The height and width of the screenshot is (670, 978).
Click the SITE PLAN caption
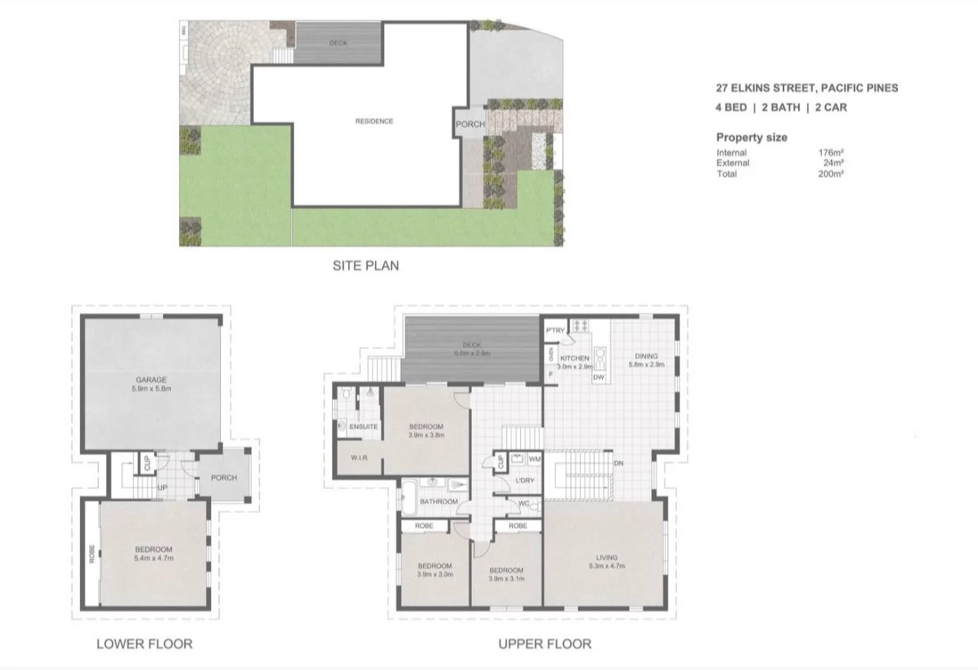[365, 265]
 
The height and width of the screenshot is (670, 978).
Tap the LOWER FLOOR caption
[144, 643]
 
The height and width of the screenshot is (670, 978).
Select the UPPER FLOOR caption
[545, 643]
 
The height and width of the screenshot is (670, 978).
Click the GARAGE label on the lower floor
[150, 379]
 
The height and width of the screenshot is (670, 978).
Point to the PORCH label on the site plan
[470, 125]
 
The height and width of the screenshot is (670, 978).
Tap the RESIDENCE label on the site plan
[374, 121]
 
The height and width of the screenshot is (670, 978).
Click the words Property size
[751, 137]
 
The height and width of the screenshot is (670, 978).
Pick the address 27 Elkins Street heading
[806, 87]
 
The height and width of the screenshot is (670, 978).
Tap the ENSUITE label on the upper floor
[364, 427]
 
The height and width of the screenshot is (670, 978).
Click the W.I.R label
[359, 457]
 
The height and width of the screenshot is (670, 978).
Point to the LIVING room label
[606, 557]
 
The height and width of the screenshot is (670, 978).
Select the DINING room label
[646, 356]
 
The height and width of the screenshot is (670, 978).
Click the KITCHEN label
[575, 358]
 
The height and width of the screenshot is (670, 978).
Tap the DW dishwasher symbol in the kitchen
[599, 377]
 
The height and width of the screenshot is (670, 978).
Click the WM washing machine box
[535, 460]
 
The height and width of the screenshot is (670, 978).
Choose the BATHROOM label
[439, 502]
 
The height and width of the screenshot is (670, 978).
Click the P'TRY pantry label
[555, 331]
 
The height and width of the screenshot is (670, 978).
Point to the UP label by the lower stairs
[162, 487]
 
